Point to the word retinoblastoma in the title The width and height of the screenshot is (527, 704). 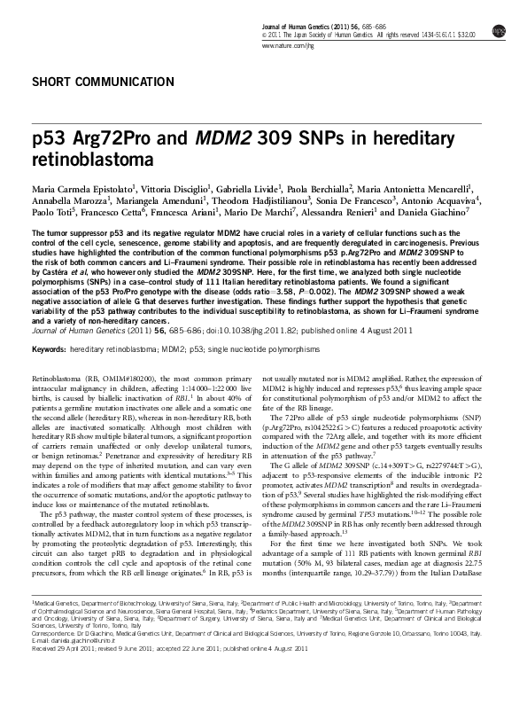pos(85,162)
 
